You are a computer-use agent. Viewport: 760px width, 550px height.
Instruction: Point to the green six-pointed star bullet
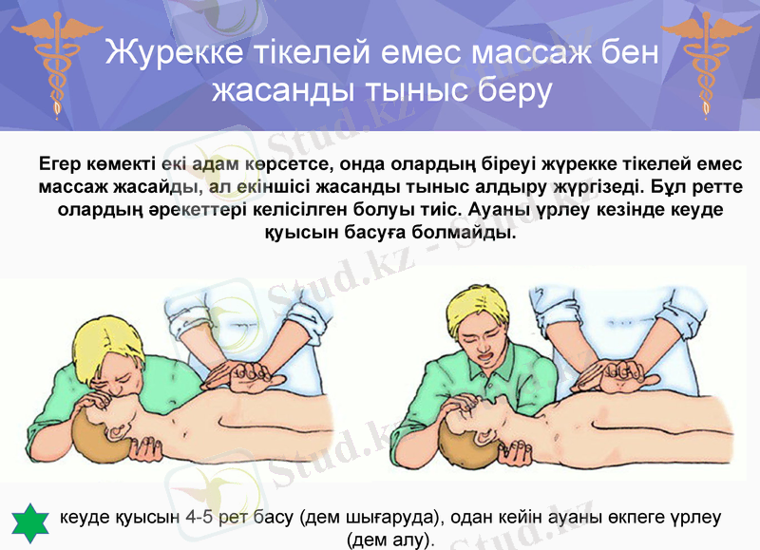pos(29,521)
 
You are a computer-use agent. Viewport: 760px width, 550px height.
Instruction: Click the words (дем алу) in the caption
pos(391,540)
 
